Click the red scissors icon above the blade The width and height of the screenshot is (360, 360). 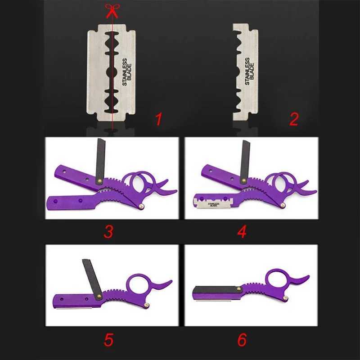[x=112, y=11]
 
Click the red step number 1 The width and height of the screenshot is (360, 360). [x=158, y=119]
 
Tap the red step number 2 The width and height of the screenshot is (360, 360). [x=294, y=119]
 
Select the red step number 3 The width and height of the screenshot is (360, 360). [x=108, y=231]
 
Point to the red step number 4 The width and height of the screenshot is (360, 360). [x=242, y=231]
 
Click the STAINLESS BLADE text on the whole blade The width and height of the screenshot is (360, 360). [x=127, y=72]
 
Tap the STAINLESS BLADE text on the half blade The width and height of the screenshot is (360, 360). [x=250, y=72]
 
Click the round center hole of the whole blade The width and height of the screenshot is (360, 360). [x=112, y=72]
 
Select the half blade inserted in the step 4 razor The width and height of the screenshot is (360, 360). [x=213, y=203]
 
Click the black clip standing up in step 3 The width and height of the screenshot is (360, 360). [x=100, y=161]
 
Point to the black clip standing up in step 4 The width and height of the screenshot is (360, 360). [x=245, y=162]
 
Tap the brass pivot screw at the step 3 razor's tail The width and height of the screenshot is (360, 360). [x=141, y=207]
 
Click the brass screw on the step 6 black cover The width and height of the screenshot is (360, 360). [x=239, y=289]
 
